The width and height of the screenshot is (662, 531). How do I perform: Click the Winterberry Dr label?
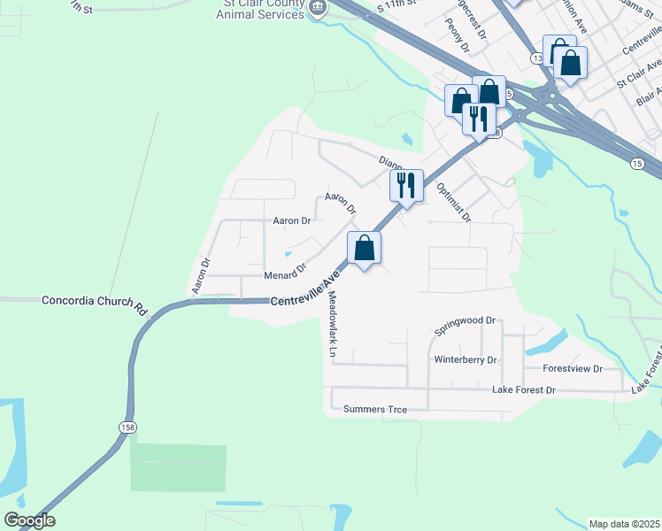tap(466, 360)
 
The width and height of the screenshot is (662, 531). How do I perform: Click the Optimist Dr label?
tap(454, 203)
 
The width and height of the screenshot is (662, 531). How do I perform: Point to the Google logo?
tap(29, 520)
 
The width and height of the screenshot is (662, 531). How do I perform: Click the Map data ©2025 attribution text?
tap(625, 524)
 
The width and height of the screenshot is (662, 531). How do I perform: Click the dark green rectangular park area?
tap(178, 467)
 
